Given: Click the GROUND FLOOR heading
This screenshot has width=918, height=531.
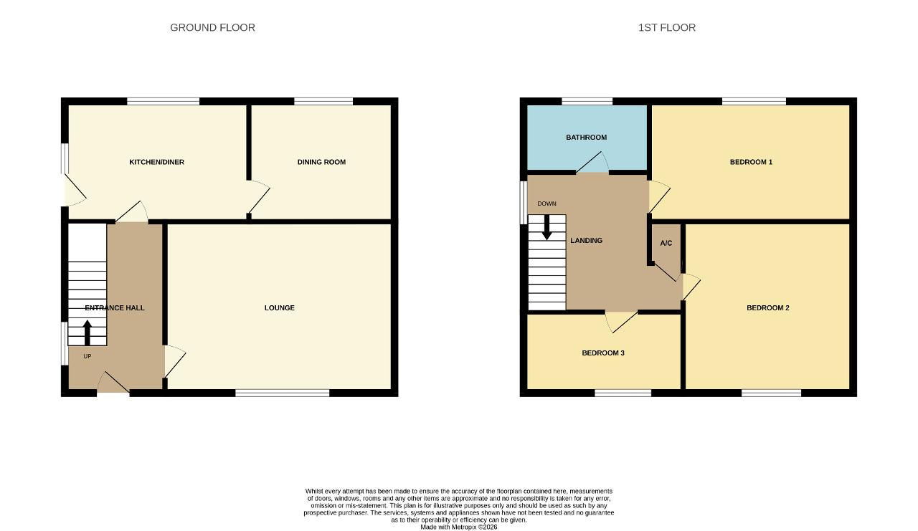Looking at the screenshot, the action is pos(212,27).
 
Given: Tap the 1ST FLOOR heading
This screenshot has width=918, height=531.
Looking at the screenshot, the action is pos(667,27).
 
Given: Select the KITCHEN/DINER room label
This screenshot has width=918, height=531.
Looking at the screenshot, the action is pos(156,162).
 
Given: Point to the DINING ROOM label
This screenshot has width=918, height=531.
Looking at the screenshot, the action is pos(321,162).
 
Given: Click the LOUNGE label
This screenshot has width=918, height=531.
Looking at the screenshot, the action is pos(280,308).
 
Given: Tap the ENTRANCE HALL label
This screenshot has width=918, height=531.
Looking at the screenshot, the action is pos(115,308).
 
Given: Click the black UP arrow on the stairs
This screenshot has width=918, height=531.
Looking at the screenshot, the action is pos(87,333).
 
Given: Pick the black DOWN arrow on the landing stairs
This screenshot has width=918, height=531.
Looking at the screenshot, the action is pos(546,227).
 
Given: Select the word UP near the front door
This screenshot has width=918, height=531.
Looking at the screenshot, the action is pos(87,356).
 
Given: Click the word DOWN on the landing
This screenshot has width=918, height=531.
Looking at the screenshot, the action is pos(546,204).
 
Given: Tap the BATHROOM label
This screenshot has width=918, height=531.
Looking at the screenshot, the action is pos(587,138).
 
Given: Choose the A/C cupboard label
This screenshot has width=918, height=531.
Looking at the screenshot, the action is pos(666,243).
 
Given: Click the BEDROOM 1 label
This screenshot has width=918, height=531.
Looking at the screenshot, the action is pos(751,162).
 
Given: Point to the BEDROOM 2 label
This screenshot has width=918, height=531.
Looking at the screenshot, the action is pos(768,308).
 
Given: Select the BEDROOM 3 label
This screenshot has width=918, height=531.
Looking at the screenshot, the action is pos(603,353).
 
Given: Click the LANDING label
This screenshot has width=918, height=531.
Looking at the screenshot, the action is pos(587,241).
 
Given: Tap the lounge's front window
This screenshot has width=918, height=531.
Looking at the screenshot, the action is pos(283,393).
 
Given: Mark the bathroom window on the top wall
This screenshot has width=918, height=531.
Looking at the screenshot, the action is pos(587,101).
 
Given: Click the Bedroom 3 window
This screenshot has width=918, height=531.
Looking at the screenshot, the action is pos(623,393).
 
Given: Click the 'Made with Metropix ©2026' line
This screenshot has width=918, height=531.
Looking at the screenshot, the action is pos(458,527).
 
